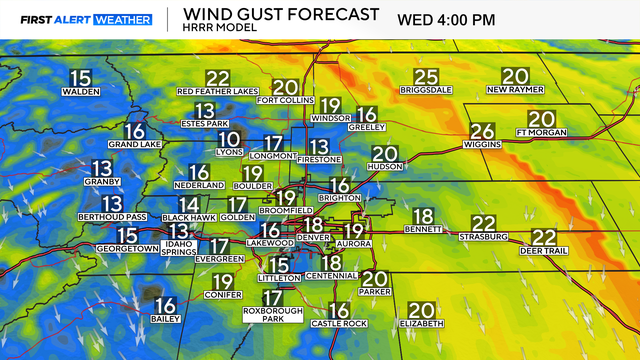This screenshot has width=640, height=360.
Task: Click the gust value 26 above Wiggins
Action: pos(482,131)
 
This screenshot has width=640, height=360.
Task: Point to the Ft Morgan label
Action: pos(541,132)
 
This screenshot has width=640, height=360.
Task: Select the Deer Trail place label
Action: pos(544,251)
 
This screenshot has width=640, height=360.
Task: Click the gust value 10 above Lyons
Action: pos(230,139)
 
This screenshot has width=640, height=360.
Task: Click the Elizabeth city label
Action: pos(421,324)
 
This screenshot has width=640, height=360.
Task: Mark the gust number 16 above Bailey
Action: pos(166,305)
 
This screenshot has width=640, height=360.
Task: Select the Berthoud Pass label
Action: pos(112,217)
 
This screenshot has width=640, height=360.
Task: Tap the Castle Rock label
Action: pos(340,325)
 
